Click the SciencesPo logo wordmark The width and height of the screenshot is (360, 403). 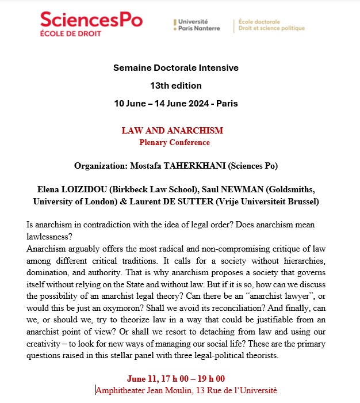pos(91,21)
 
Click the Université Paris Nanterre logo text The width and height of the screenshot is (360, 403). pos(200,25)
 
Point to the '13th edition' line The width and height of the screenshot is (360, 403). pos(175,86)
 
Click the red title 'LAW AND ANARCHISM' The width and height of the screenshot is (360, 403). pos(172,131)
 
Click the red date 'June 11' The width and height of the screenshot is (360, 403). pos(145,378)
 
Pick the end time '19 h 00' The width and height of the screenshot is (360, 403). pos(207,378)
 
